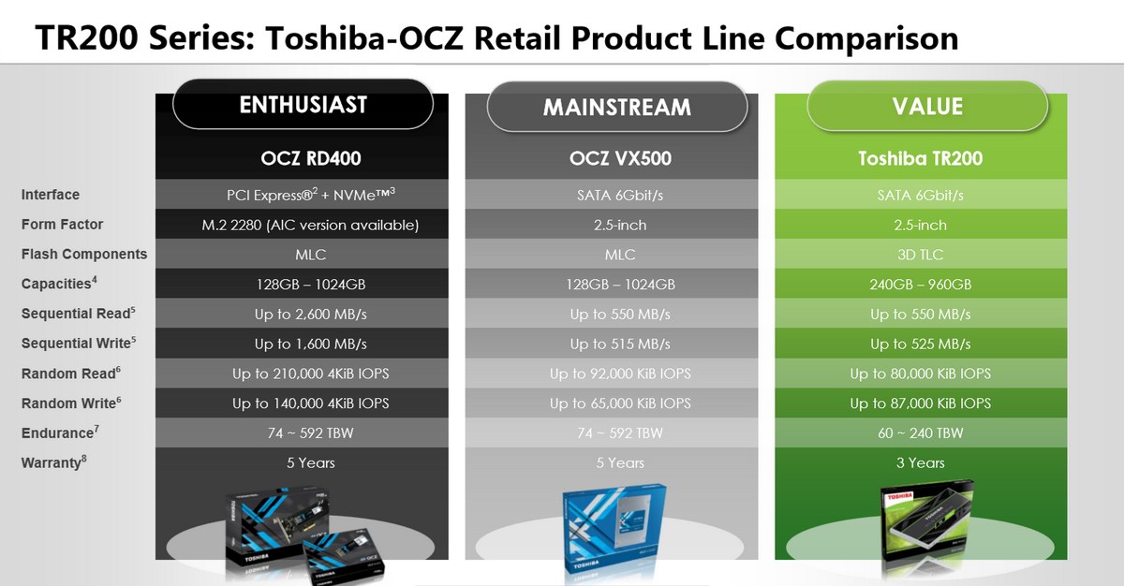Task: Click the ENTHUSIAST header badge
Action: pos(303,104)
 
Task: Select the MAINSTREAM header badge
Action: pos(617,107)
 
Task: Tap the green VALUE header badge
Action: pos(927,106)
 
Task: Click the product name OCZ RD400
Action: pos(311,158)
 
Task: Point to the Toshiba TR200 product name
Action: pos(920,158)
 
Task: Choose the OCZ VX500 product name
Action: pos(620,158)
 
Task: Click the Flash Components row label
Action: pos(83,254)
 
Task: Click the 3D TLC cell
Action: pos(920,255)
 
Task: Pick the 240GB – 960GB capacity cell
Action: pos(920,285)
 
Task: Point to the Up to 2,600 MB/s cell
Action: pos(311,315)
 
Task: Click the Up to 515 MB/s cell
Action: pos(620,344)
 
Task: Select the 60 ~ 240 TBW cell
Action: pos(920,433)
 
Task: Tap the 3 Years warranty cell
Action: pos(920,462)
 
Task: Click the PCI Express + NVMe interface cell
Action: pos(311,194)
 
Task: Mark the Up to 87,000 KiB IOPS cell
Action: pos(920,403)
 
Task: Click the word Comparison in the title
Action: pos(866,38)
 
